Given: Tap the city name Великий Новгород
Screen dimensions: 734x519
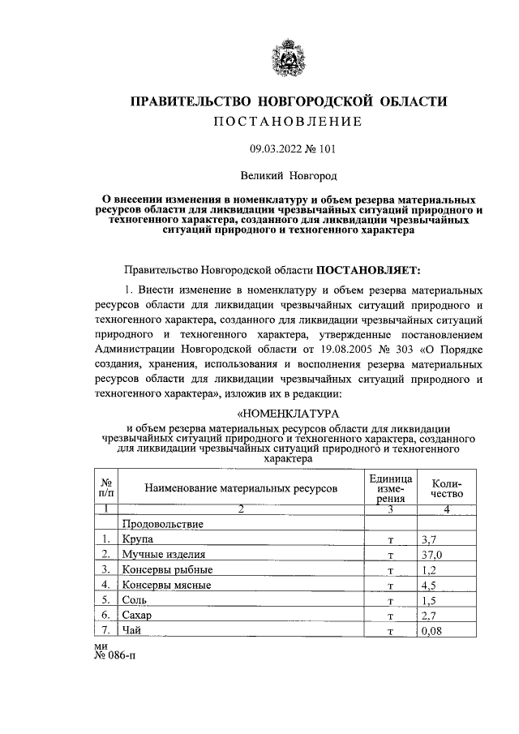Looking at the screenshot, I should tap(289, 175).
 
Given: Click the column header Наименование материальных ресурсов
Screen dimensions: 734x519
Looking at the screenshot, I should tap(241, 488).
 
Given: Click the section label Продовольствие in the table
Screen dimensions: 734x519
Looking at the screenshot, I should tap(162, 524).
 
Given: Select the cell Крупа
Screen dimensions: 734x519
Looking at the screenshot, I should tap(137, 539).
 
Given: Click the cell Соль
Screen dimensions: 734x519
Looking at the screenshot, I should tap(135, 601).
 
